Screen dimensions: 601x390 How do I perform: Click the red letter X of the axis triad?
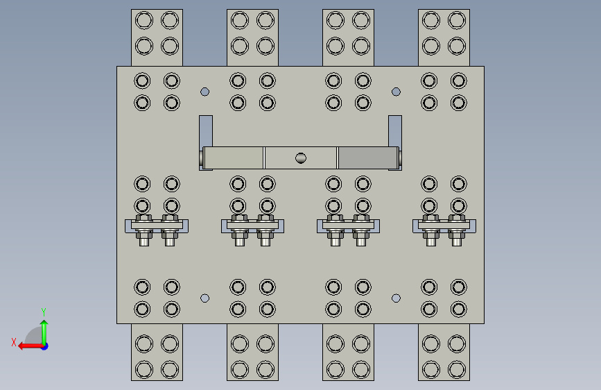click(14, 342)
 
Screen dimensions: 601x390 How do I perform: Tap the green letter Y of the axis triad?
click(44, 312)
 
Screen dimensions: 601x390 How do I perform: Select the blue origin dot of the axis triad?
click(45, 346)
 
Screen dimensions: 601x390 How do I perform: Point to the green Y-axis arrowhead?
click(44, 323)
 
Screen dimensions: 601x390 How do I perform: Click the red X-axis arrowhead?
click(22, 346)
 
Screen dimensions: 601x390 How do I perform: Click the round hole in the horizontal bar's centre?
click(301, 158)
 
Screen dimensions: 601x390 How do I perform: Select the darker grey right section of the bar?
click(368, 158)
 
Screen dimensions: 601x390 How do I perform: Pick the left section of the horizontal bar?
click(233, 158)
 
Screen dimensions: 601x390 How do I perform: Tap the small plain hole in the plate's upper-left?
click(204, 92)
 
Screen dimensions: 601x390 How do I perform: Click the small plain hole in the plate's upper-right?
click(396, 92)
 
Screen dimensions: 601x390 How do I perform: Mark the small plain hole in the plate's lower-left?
click(204, 298)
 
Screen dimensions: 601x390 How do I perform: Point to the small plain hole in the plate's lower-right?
click(396, 298)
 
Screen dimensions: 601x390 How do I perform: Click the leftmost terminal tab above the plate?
click(157, 37)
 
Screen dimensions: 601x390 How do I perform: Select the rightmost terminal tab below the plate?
click(444, 353)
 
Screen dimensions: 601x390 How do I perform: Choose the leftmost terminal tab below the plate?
click(157, 353)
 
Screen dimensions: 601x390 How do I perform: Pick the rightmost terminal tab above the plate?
click(444, 37)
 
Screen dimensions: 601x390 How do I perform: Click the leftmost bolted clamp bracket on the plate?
click(157, 226)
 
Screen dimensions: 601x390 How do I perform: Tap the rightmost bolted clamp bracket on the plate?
click(444, 226)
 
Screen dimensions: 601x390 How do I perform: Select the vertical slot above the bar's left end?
click(206, 130)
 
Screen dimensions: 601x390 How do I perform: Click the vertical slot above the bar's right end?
click(395, 130)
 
